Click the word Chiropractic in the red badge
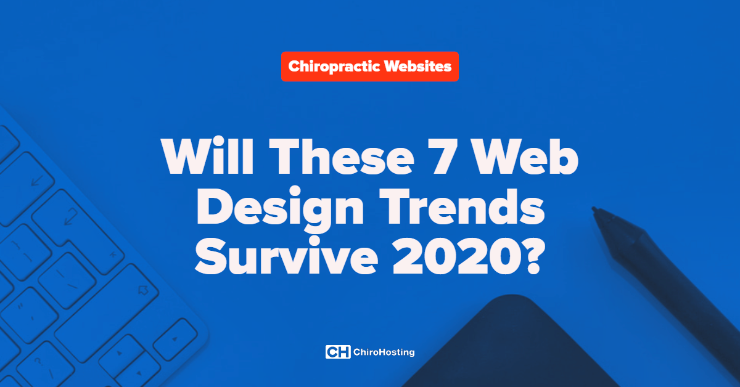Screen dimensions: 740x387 334,67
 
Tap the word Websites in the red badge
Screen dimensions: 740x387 417,66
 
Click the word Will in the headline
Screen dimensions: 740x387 207,155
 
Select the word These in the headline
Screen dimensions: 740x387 342,156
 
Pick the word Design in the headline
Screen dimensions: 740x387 280,209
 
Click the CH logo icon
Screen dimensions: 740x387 338,352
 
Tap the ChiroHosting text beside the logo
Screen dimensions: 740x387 384,352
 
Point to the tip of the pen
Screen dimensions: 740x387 594,209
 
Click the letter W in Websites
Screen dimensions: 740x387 393,66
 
